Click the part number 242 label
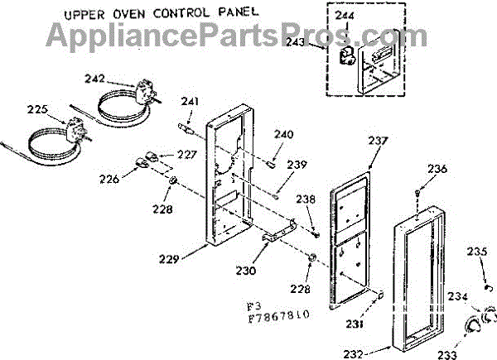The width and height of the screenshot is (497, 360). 95,78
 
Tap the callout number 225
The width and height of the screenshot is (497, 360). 38,108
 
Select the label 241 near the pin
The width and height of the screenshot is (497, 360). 191,103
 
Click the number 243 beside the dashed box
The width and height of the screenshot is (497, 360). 319,45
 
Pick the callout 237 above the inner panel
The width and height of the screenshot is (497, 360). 378,141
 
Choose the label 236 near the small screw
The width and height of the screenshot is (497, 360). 437,169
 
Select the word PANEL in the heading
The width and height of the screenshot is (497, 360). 231,12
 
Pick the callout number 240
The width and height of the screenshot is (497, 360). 284,134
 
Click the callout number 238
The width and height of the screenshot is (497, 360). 306,199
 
